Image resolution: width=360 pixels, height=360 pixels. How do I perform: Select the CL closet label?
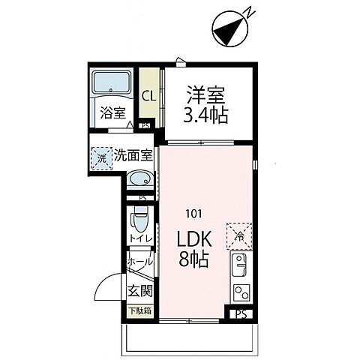[x=148, y=96]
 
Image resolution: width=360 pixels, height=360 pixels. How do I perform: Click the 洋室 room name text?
[x=205, y=95]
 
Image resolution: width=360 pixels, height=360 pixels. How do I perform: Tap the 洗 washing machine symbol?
[x=100, y=158]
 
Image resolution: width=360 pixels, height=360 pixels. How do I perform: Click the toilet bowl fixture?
[x=140, y=222]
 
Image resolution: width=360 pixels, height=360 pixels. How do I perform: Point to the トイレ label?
[x=140, y=238]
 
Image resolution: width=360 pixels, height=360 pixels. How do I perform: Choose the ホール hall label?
[x=140, y=262]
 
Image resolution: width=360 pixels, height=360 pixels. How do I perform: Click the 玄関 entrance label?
[x=139, y=290]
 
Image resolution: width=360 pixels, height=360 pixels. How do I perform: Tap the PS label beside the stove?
[x=241, y=314]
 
